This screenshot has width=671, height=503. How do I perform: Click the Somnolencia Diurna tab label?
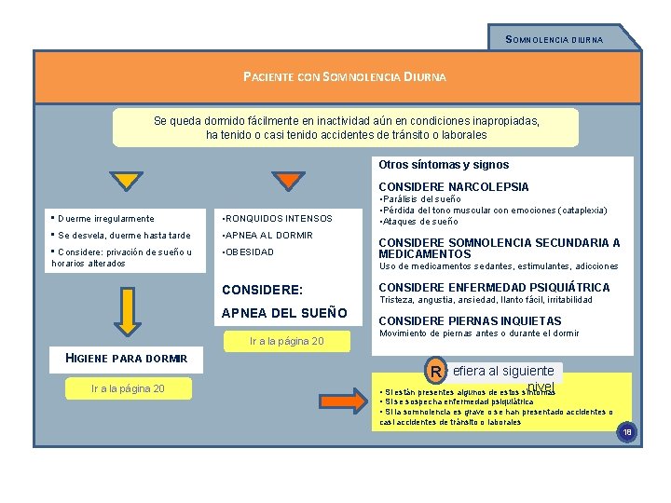coord(554,39)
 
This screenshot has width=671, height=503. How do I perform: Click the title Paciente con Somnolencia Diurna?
coord(344,76)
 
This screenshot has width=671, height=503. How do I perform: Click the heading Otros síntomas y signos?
coord(444,165)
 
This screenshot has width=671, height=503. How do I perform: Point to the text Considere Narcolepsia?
coord(453,187)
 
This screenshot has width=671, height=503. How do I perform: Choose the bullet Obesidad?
coord(249,251)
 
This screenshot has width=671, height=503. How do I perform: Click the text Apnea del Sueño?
coord(284,313)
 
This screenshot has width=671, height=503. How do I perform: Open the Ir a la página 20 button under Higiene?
coord(127,388)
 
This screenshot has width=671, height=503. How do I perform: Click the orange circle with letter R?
coord(435,371)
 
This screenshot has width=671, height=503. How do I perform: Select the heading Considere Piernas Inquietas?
coord(471,320)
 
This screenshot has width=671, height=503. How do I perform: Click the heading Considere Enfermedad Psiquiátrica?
coord(494,288)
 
